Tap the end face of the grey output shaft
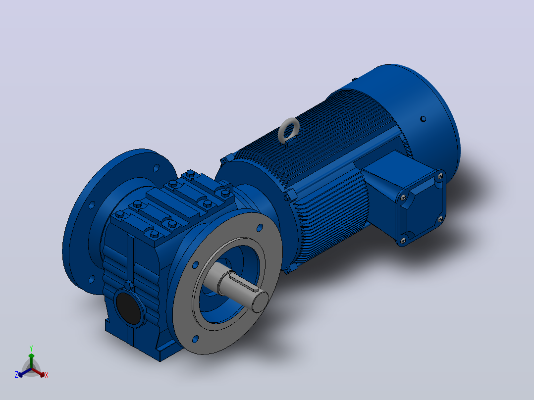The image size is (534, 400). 261,301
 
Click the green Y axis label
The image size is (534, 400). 31,348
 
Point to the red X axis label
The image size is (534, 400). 47,375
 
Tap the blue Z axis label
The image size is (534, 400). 16,374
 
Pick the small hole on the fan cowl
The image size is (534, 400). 423,119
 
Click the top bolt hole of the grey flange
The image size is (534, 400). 260,228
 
